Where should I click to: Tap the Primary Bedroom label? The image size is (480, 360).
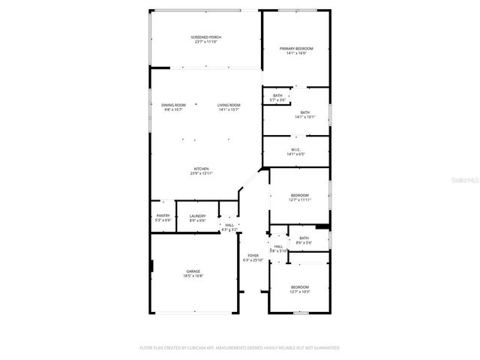[296, 49]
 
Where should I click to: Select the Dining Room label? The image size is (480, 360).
[173, 105]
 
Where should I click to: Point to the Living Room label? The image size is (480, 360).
[229, 105]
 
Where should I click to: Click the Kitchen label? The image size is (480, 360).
[202, 169]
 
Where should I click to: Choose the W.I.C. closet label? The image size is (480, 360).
[295, 150]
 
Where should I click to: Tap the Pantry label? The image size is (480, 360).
[163, 215]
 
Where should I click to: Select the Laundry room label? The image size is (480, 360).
[197, 215]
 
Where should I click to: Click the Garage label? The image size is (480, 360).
[193, 271]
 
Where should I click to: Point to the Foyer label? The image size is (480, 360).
[253, 256]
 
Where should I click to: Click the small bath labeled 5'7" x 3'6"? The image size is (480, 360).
[277, 95]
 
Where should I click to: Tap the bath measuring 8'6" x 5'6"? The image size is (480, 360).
[304, 238]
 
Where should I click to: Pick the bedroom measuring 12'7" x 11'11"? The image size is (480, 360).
[299, 195]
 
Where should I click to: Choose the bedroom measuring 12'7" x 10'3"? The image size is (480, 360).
[299, 287]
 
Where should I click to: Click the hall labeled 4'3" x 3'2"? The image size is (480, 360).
[229, 226]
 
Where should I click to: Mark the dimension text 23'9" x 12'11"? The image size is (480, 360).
[202, 173]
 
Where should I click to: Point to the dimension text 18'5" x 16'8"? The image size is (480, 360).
[193, 276]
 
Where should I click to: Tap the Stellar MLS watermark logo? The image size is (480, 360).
[464, 181]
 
